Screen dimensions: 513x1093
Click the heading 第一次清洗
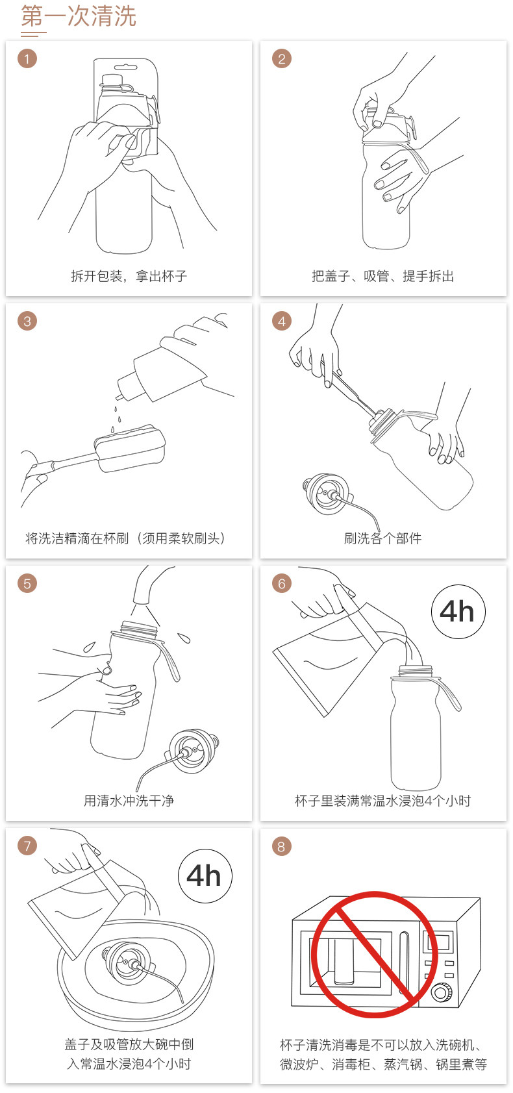pyautogui.click(x=79, y=16)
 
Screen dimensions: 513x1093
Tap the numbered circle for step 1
pyautogui.click(x=27, y=58)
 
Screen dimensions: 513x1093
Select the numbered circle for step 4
pyautogui.click(x=282, y=321)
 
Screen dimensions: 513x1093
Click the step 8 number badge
pyautogui.click(x=282, y=847)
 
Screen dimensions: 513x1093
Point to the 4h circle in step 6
pyautogui.click(x=458, y=611)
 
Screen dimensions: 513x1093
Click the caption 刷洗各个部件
pyautogui.click(x=382, y=538)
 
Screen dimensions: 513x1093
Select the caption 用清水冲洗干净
pyautogui.click(x=129, y=801)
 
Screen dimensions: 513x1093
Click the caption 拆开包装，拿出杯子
pyautogui.click(x=129, y=276)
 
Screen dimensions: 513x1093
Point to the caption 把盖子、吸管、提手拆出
pyautogui.click(x=383, y=276)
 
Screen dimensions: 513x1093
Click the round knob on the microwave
pyautogui.click(x=441, y=992)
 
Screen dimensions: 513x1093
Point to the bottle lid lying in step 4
pyautogui.click(x=325, y=494)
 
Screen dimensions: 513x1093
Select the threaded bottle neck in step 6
pyautogui.click(x=415, y=671)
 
